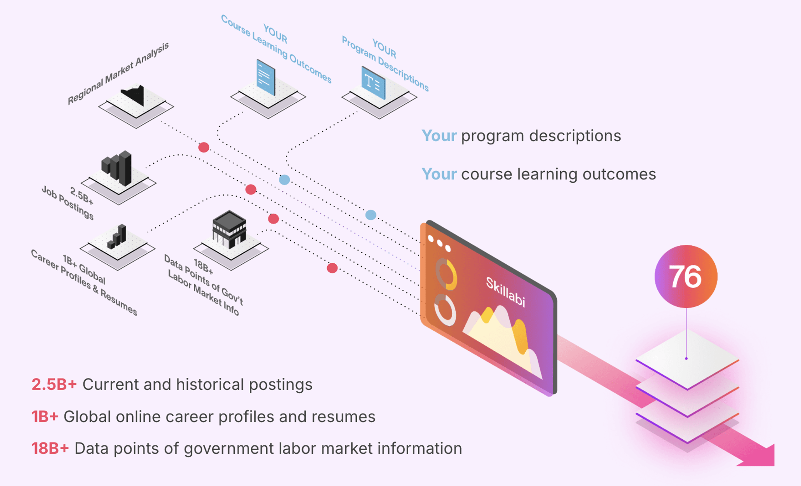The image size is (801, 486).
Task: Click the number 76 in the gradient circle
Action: (685, 277)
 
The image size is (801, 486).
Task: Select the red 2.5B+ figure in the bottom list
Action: (54, 385)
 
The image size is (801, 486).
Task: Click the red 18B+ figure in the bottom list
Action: (50, 449)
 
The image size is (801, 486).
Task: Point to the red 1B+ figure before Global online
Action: (45, 417)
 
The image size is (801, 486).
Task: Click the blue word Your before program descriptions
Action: (439, 136)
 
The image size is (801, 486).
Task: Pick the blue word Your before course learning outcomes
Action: (439, 174)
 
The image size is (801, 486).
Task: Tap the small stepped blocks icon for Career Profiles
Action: (117, 237)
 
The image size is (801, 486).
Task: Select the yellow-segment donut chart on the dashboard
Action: (446, 274)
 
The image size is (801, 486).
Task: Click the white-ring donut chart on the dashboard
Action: (445, 310)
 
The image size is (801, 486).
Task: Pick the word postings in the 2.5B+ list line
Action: (281, 385)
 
